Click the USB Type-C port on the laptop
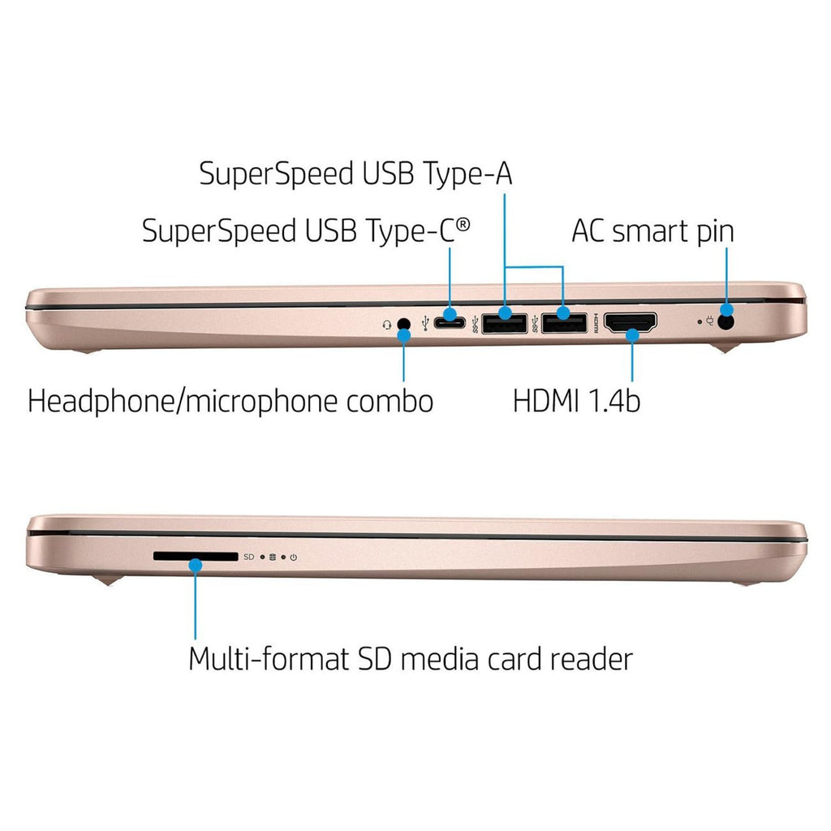click(x=449, y=324)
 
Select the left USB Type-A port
click(x=505, y=324)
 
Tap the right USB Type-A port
click(x=564, y=324)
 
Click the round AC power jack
click(x=726, y=322)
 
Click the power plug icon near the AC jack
click(x=712, y=322)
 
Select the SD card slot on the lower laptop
click(x=196, y=557)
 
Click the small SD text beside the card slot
click(x=248, y=558)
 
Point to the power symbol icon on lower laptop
click(x=293, y=558)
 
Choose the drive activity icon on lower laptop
click(x=273, y=558)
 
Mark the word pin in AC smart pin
click(x=712, y=231)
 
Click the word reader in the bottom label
click(x=590, y=658)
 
